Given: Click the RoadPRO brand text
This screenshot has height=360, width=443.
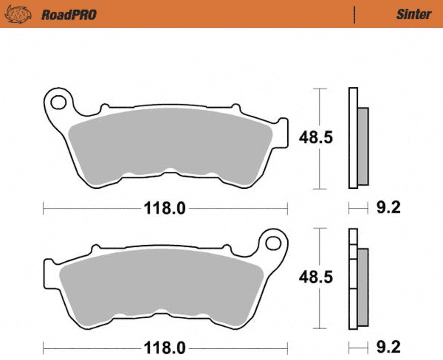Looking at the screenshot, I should [69, 15].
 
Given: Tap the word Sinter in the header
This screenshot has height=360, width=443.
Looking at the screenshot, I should [414, 14].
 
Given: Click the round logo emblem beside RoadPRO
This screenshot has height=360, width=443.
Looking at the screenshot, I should [18, 14].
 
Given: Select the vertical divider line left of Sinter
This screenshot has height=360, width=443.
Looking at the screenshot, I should [354, 15].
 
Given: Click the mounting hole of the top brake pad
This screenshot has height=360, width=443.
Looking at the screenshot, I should [58, 102].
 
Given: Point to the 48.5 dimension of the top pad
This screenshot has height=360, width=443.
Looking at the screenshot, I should [316, 138].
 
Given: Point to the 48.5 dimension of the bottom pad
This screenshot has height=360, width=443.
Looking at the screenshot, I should [316, 277].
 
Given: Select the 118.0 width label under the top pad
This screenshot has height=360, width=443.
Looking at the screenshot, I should [165, 208].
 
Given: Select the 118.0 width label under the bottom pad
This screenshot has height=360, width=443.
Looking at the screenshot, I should [165, 348].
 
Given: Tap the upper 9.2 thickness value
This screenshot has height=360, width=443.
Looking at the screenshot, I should [388, 207].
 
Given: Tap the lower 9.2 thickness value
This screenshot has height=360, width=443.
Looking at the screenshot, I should [388, 347].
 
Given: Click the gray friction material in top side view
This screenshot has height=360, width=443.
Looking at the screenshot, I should [363, 146].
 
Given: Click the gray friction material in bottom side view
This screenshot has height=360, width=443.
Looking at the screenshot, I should [363, 287].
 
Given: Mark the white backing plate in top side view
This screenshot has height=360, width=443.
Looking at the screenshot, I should [353, 138].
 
